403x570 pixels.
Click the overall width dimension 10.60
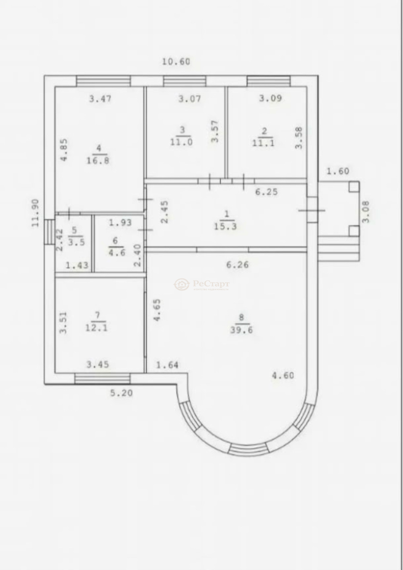pos(176,62)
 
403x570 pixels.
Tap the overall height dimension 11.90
pos(36,213)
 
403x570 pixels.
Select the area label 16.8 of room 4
pos(98,161)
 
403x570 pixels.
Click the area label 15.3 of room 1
pos(225,227)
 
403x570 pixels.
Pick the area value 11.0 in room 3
pos(181,142)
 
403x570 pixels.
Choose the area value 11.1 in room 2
pos(263,143)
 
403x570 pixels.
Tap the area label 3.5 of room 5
pos(77,242)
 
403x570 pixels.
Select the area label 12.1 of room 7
pos(97,328)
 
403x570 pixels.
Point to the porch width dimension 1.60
pos(338,171)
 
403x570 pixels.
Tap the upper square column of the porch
pos(354,187)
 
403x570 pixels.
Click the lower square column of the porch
pos(354,231)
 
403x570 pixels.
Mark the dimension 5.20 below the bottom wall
pos(121,393)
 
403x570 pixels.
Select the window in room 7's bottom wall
pos(102,379)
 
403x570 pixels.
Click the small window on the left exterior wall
pos(50,232)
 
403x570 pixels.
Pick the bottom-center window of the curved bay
pos(248,449)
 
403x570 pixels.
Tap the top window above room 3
pos(184,81)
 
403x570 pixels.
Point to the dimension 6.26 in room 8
pos(237,265)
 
